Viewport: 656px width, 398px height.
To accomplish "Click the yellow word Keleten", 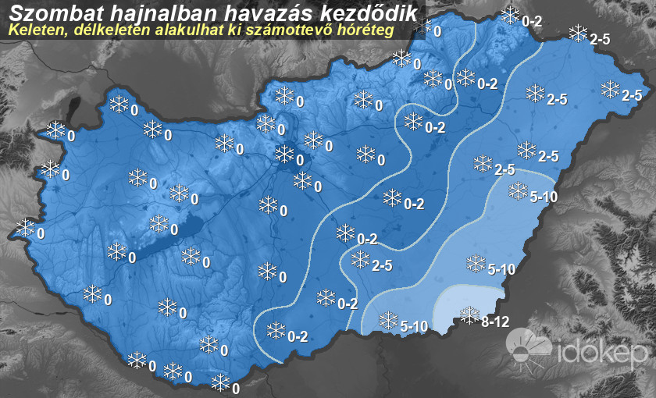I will [x=33, y=30].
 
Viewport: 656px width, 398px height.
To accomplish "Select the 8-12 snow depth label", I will [x=496, y=321].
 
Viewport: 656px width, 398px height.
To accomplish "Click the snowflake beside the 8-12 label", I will [x=470, y=314].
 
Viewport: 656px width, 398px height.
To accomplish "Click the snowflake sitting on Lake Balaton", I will [x=159, y=224].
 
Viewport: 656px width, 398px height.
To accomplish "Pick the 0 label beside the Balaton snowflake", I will [x=174, y=231].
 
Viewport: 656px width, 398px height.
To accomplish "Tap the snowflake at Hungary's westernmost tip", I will [x=26, y=228].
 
